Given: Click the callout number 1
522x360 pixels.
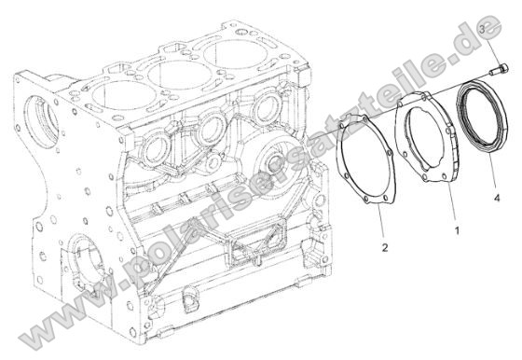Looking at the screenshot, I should tap(456, 228).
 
